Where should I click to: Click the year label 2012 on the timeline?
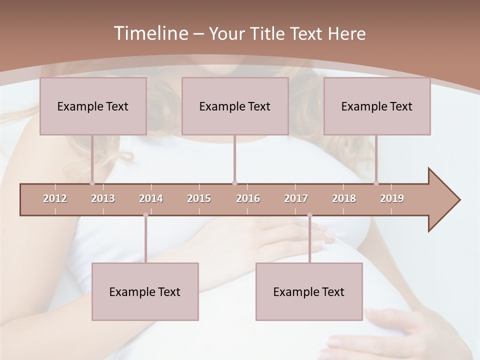pyautogui.click(x=55, y=198)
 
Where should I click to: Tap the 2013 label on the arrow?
pyautogui.click(x=103, y=198)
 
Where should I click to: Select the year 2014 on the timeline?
pyautogui.click(x=151, y=198)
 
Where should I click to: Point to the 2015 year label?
pyautogui.click(x=199, y=198)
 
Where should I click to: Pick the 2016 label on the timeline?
pyautogui.click(x=248, y=198)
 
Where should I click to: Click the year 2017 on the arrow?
pyautogui.click(x=296, y=198)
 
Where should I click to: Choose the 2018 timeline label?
pyautogui.click(x=344, y=198)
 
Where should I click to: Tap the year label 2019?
pyautogui.click(x=392, y=198)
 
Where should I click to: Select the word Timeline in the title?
pyautogui.click(x=150, y=33)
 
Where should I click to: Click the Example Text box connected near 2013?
pyautogui.click(x=93, y=106)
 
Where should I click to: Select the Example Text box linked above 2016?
pyautogui.click(x=235, y=106)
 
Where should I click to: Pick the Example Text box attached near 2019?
pyautogui.click(x=377, y=106)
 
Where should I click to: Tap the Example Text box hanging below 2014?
pyautogui.click(x=145, y=291)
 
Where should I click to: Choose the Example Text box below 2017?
pyautogui.click(x=309, y=291)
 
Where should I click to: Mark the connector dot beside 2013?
pyautogui.click(x=92, y=183)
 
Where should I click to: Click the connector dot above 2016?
pyautogui.click(x=234, y=183)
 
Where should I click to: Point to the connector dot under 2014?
pyautogui.click(x=145, y=215)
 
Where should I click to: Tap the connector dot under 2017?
pyautogui.click(x=309, y=215)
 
